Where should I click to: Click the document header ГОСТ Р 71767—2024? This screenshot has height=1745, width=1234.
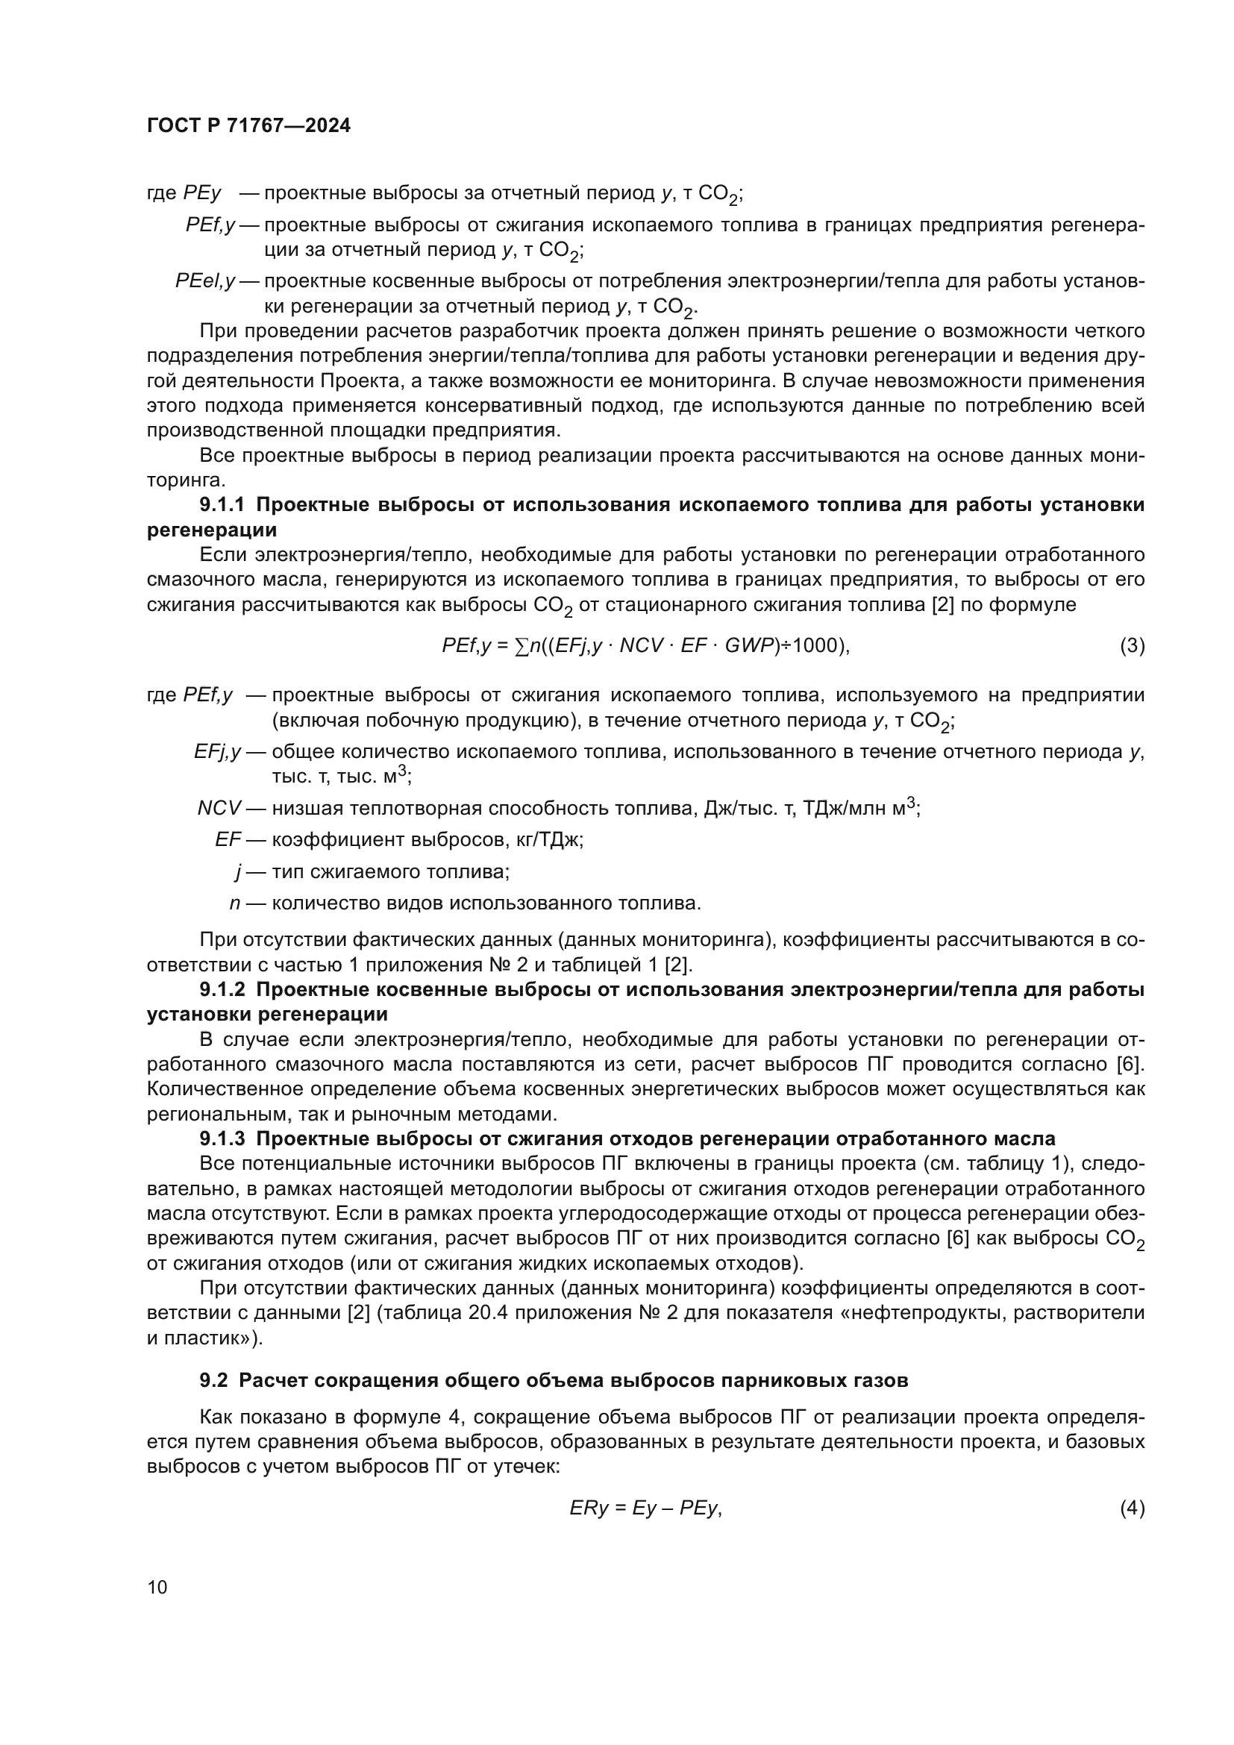tap(248, 126)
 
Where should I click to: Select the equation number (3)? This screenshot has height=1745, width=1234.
tap(1132, 646)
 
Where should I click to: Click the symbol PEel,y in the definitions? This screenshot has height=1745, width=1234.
tap(205, 281)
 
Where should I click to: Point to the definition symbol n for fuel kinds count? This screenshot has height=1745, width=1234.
tap(235, 903)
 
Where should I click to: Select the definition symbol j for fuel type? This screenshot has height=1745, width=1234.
tap(238, 871)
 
